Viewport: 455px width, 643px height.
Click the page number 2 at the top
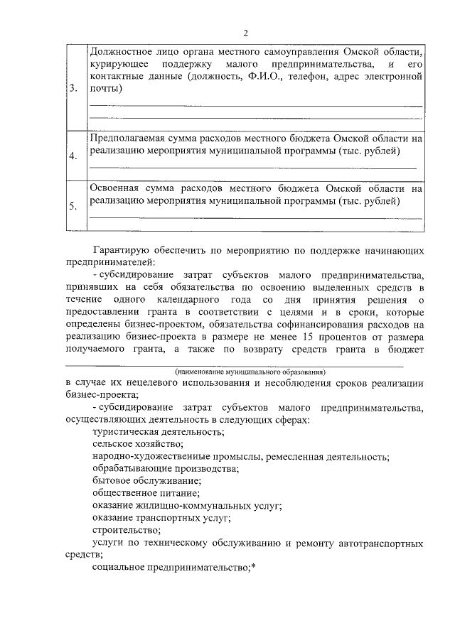pos(245,33)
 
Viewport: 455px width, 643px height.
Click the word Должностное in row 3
pos(122,52)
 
